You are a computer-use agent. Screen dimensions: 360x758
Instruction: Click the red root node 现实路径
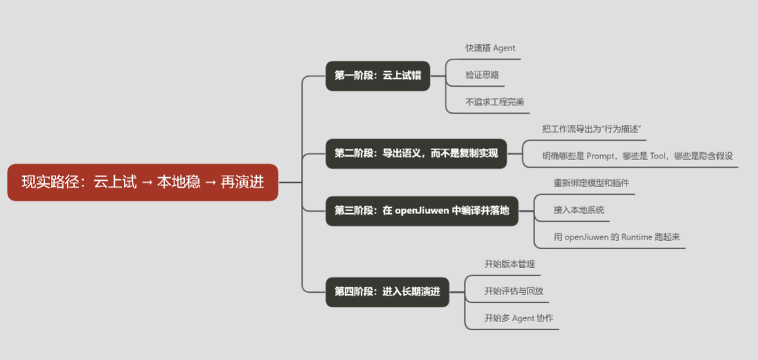[x=143, y=183]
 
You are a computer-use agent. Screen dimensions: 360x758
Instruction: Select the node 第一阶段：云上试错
[x=378, y=75]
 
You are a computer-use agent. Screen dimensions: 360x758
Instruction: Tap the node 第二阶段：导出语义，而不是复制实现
[x=416, y=153]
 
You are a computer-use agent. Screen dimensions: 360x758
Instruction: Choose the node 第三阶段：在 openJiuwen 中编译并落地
[x=422, y=210]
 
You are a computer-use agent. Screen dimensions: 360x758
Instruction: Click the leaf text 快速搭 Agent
[x=490, y=48]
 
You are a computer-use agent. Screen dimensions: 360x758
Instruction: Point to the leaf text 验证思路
[x=482, y=75]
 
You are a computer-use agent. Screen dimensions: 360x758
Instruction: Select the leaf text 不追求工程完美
[x=494, y=102]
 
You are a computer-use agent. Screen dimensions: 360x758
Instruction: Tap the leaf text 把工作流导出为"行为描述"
[x=594, y=129]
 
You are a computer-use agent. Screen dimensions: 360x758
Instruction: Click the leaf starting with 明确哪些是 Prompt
[x=637, y=156]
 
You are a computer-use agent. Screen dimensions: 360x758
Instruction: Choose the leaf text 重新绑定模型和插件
[x=591, y=183]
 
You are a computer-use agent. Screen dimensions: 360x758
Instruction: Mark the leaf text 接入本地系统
[x=579, y=210]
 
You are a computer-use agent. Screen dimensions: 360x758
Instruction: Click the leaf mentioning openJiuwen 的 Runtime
[x=617, y=237]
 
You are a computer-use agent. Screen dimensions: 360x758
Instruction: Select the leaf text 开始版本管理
[x=509, y=264]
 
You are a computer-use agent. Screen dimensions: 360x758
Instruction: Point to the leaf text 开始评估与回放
[x=514, y=291]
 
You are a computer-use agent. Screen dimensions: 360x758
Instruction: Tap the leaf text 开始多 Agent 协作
[x=518, y=318]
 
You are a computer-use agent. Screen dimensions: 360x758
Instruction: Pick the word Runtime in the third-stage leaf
[x=633, y=237]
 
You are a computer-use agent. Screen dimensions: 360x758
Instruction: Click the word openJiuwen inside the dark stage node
[x=422, y=210]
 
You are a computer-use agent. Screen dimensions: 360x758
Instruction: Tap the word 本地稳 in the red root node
[x=179, y=183]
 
